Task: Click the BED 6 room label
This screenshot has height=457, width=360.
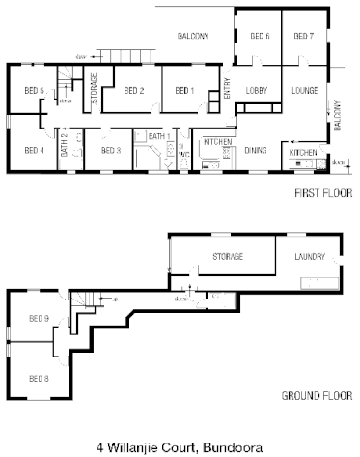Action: (260, 36)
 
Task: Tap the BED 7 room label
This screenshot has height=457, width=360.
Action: (303, 36)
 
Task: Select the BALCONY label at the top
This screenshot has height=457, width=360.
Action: (193, 36)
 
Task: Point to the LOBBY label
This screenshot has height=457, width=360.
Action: (257, 90)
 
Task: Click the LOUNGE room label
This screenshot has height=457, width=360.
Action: (304, 90)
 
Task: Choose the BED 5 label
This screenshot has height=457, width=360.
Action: (34, 90)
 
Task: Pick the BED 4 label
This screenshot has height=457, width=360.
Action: (34, 150)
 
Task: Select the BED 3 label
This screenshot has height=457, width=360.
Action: (110, 150)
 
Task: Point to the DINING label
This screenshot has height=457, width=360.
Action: (256, 150)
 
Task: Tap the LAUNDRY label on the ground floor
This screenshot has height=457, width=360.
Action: (310, 256)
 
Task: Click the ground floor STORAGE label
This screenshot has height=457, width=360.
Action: (228, 256)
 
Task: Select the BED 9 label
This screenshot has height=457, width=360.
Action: (39, 318)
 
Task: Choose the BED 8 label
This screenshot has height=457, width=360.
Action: (39, 377)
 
